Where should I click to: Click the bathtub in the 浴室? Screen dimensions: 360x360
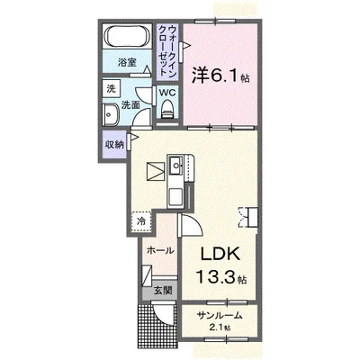tap(126, 36)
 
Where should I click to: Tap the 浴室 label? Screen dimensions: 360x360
tap(127, 62)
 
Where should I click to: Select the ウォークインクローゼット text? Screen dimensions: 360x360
tap(167, 50)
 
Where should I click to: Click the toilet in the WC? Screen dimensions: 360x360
tap(167, 110)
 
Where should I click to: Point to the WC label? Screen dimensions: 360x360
tap(167, 93)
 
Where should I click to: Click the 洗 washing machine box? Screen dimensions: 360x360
tap(112, 88)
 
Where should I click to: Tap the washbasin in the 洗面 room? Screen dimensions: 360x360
tap(111, 114)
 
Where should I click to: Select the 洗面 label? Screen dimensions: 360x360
tap(131, 105)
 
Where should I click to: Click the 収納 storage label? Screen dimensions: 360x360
tap(114, 145)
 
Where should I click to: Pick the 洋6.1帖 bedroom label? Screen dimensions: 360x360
tap(220, 76)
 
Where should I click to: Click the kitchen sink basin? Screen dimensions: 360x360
tap(175, 165)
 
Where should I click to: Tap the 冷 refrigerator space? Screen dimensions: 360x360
tap(141, 221)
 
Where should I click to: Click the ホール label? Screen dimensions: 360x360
tap(160, 250)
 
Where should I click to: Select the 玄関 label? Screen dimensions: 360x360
tap(163, 291)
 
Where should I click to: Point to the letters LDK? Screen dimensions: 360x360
tap(220, 255)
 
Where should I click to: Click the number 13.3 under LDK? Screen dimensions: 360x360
tap(214, 276)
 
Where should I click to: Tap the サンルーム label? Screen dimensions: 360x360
tap(220, 316)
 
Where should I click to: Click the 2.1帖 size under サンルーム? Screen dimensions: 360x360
tap(220, 328)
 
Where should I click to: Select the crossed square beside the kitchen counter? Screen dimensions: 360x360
tap(156, 172)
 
